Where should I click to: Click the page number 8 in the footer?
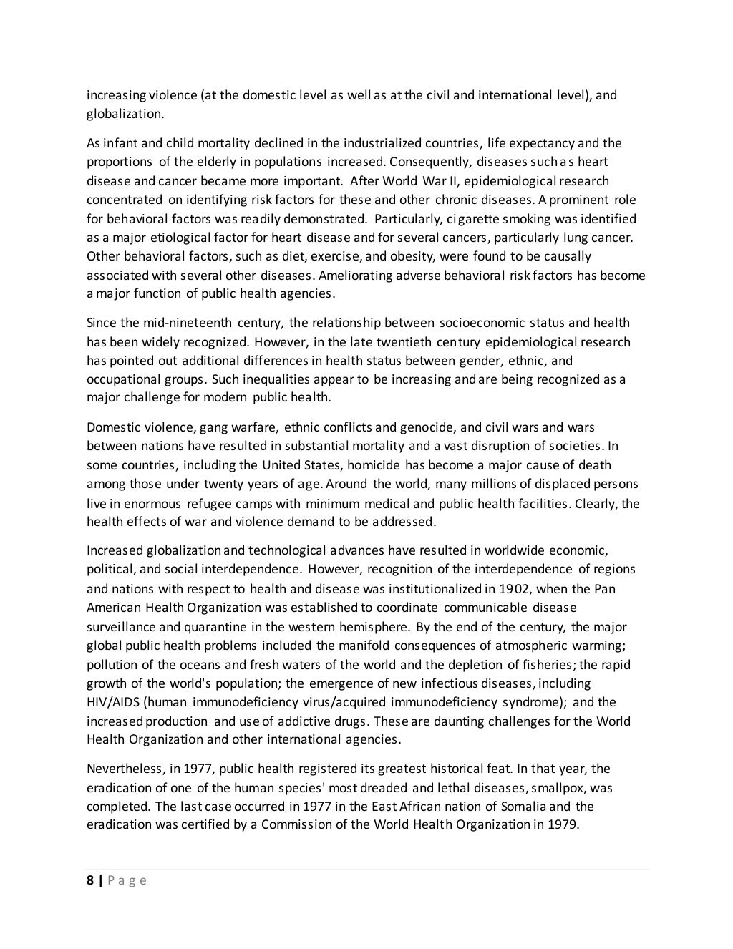90,880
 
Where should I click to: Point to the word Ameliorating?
356,275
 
